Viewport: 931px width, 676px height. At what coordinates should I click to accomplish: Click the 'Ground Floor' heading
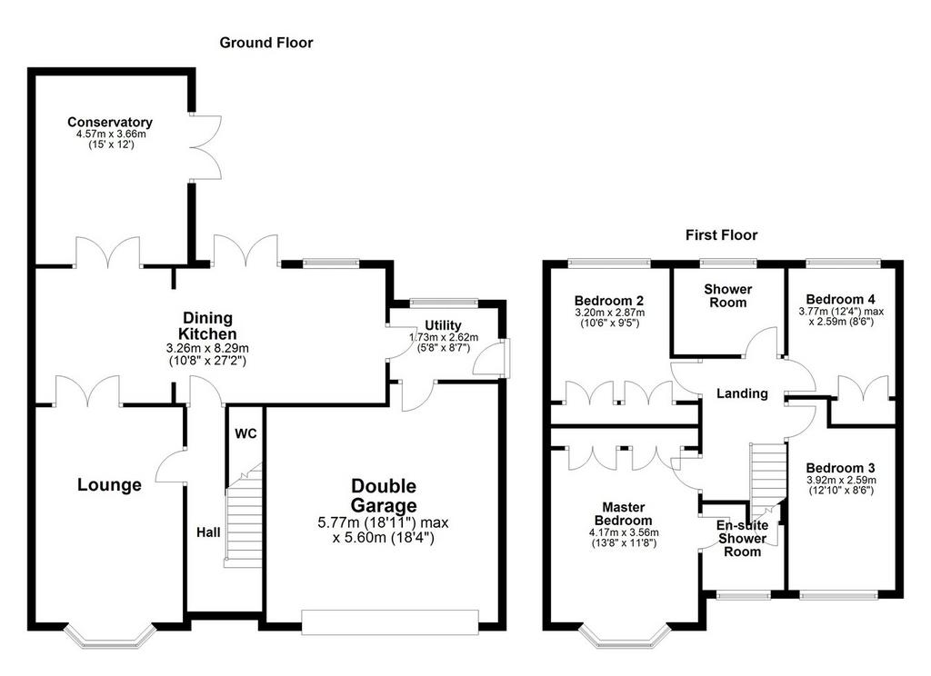coord(266,43)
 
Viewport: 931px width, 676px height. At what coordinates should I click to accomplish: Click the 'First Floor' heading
coord(721,235)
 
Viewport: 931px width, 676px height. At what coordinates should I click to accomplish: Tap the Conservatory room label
coord(110,122)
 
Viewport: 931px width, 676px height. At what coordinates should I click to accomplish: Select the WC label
coord(245,433)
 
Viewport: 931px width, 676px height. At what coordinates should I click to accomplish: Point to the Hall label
coord(208,532)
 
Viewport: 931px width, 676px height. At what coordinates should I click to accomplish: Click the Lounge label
coord(109,485)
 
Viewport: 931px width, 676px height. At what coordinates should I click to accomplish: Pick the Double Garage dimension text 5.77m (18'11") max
coord(384,522)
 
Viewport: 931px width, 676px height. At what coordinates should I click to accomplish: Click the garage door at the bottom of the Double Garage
coord(390,622)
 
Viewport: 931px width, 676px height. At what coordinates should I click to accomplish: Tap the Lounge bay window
coord(110,636)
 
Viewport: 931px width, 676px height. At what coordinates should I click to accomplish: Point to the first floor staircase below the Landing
coord(768,482)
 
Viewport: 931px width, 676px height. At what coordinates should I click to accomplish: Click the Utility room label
coord(443,324)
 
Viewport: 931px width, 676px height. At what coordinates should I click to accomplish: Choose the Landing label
coord(742,393)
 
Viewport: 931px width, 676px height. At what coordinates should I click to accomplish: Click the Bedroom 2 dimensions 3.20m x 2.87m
coord(610,313)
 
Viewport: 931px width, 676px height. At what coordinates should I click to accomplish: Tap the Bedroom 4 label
coord(840,299)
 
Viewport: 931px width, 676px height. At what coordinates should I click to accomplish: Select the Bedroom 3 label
coord(840,468)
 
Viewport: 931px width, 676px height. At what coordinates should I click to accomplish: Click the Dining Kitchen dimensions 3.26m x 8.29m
coord(208,348)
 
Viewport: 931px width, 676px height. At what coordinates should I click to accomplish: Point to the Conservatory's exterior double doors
coord(205,147)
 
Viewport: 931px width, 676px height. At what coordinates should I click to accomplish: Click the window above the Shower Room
coord(728,263)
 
